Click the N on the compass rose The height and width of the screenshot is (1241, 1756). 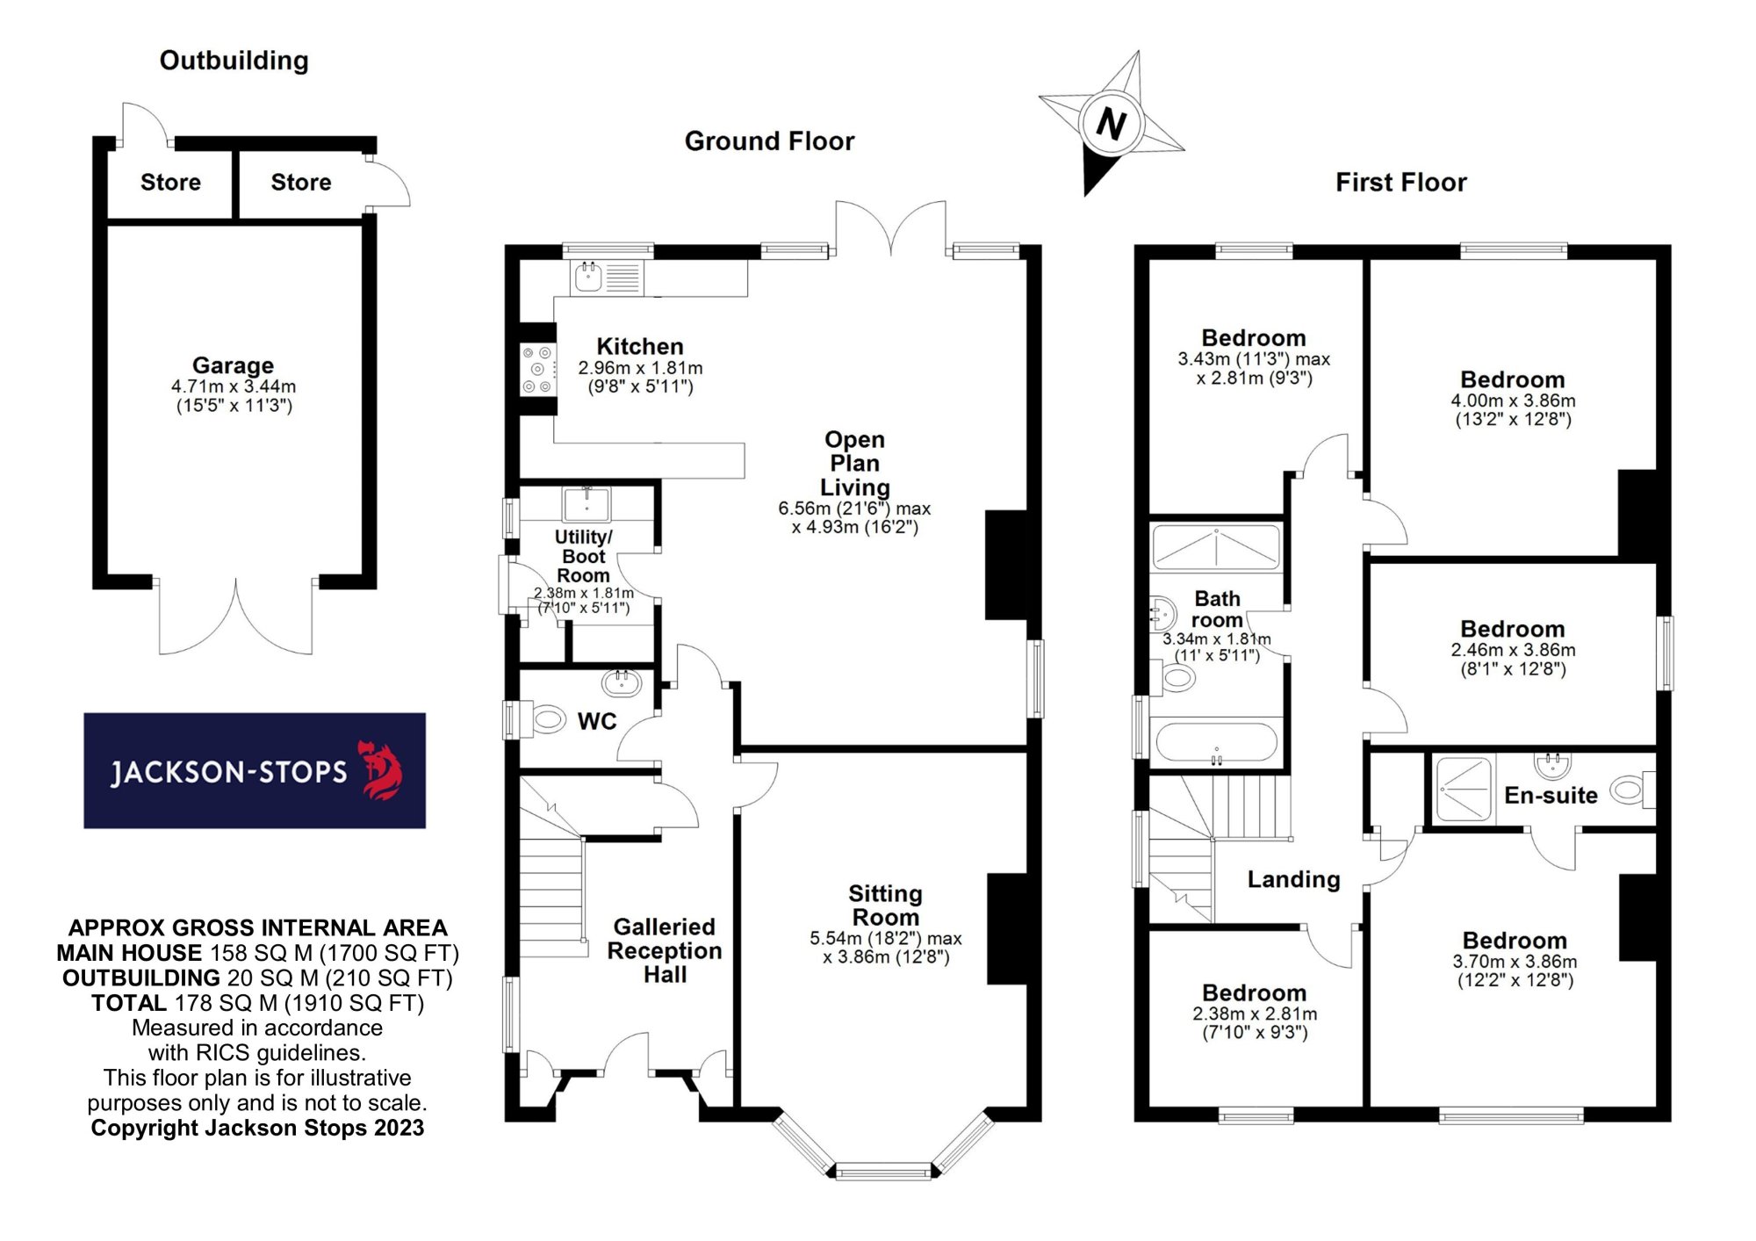click(1111, 124)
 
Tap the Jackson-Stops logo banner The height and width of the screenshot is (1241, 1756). click(255, 770)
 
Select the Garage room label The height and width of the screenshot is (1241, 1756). click(233, 365)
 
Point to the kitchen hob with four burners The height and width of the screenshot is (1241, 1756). click(537, 370)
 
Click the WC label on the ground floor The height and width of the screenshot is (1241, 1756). click(597, 722)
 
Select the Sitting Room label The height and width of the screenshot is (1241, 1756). click(885, 905)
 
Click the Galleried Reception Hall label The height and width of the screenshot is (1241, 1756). click(665, 951)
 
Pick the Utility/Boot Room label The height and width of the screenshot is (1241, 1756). click(584, 556)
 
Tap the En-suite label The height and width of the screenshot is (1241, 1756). click(1551, 796)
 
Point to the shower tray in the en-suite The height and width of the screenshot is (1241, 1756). click(1464, 789)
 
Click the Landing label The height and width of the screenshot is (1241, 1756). click(1293, 880)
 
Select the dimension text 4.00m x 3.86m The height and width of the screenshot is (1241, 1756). click(1513, 401)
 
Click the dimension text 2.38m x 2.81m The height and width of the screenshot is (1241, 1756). click(1255, 1014)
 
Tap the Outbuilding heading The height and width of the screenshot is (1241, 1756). click(234, 61)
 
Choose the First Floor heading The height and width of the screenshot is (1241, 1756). click(1400, 183)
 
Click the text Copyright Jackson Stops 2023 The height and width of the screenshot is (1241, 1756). click(257, 1129)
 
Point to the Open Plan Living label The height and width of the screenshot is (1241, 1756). click(854, 464)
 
